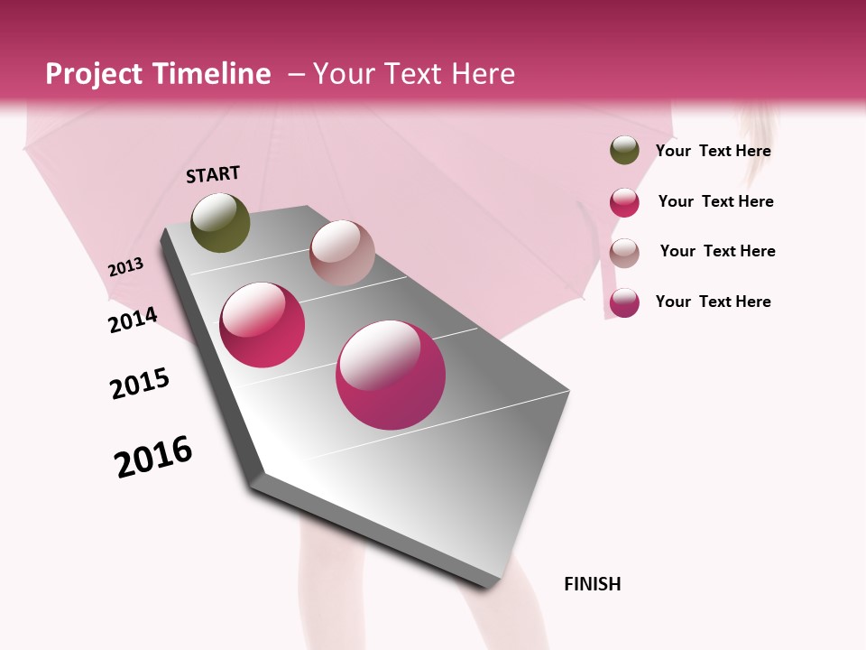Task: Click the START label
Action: pyautogui.click(x=213, y=174)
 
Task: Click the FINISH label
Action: pyautogui.click(x=592, y=584)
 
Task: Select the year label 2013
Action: pyautogui.click(x=125, y=267)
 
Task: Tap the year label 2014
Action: pyautogui.click(x=133, y=320)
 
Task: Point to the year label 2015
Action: pyautogui.click(x=140, y=384)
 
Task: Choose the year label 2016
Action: pyautogui.click(x=153, y=457)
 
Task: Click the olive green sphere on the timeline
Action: pyautogui.click(x=220, y=222)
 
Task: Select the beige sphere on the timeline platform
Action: pyautogui.click(x=342, y=253)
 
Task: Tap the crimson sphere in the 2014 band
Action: pyautogui.click(x=263, y=325)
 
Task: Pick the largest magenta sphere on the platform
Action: pyautogui.click(x=391, y=375)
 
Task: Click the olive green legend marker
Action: pyautogui.click(x=624, y=151)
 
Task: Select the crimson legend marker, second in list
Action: pyautogui.click(x=624, y=202)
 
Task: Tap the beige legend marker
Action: pyautogui.click(x=624, y=253)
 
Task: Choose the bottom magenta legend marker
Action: pyautogui.click(x=624, y=302)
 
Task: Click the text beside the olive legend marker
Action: pyautogui.click(x=713, y=151)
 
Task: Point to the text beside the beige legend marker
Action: pyautogui.click(x=717, y=251)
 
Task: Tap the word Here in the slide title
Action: pyautogui.click(x=483, y=74)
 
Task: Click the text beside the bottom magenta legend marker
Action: pyautogui.click(x=713, y=302)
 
